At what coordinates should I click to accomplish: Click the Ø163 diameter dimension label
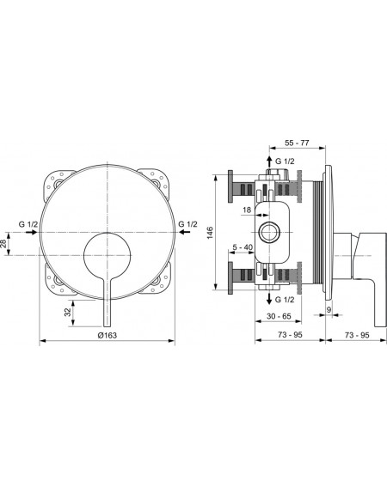tap(107, 335)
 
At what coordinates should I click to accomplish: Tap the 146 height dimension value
tap(211, 233)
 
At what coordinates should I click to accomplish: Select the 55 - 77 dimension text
tap(297, 143)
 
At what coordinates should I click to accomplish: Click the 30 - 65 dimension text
tap(279, 316)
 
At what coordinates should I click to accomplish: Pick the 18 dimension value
tap(247, 210)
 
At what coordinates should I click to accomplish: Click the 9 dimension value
tap(329, 310)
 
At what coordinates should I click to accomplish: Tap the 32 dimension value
tap(68, 312)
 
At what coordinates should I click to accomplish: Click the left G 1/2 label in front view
tap(28, 224)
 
